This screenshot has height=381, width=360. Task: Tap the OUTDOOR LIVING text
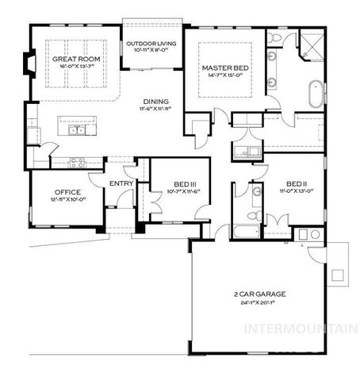click(153, 44)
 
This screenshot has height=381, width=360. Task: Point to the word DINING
click(155, 101)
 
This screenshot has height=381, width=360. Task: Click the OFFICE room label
click(67, 192)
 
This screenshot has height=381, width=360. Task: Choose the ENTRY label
click(121, 183)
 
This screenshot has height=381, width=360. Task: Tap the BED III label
click(186, 185)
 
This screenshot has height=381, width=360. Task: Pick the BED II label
click(297, 181)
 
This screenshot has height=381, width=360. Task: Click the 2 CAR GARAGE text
click(259, 294)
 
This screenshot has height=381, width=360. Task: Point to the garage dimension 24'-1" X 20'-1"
click(259, 302)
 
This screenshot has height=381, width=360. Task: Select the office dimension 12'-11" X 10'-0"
click(67, 200)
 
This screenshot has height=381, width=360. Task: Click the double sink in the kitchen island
click(77, 130)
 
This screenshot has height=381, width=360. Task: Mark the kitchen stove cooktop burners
click(78, 162)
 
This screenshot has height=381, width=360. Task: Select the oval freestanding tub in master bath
click(315, 94)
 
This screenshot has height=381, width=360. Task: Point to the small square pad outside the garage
click(337, 275)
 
